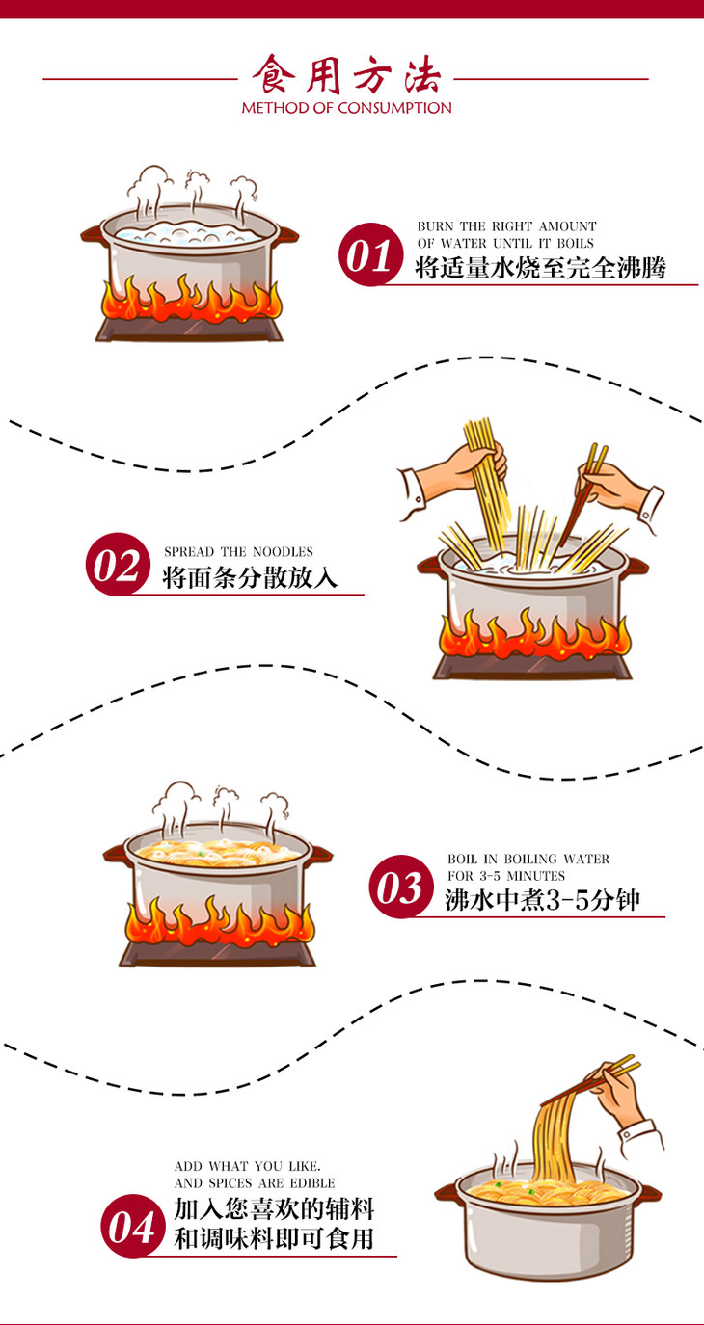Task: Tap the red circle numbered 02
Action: pyautogui.click(x=118, y=565)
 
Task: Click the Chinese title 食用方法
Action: pyautogui.click(x=346, y=74)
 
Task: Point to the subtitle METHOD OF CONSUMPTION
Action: pyautogui.click(x=346, y=108)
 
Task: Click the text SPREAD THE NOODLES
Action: pyautogui.click(x=238, y=552)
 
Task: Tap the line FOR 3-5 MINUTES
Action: pyautogui.click(x=506, y=876)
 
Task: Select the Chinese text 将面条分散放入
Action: pyautogui.click(x=250, y=578)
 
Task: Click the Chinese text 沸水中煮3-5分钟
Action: pyautogui.click(x=542, y=901)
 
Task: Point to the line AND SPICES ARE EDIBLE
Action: pyautogui.click(x=255, y=1182)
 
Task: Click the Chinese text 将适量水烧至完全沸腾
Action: pyautogui.click(x=540, y=267)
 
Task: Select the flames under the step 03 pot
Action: pyautogui.click(x=218, y=923)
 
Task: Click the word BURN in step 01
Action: pyautogui.click(x=435, y=226)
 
